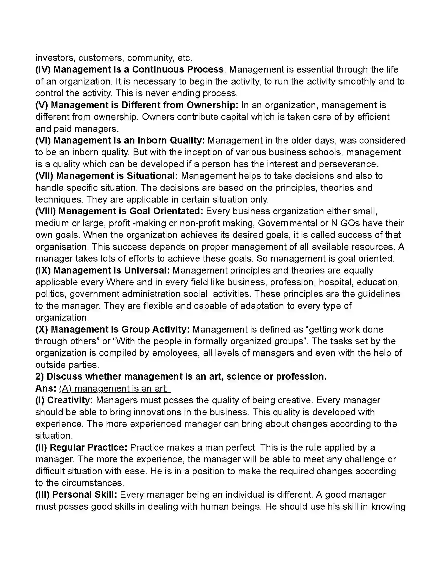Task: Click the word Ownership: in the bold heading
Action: pyautogui.click(x=212, y=105)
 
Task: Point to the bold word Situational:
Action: pyautogui.click(x=152, y=176)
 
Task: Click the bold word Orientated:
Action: pyautogui.click(x=178, y=211)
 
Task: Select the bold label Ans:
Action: pyautogui.click(x=46, y=388)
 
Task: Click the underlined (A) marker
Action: pyautogui.click(x=65, y=388)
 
